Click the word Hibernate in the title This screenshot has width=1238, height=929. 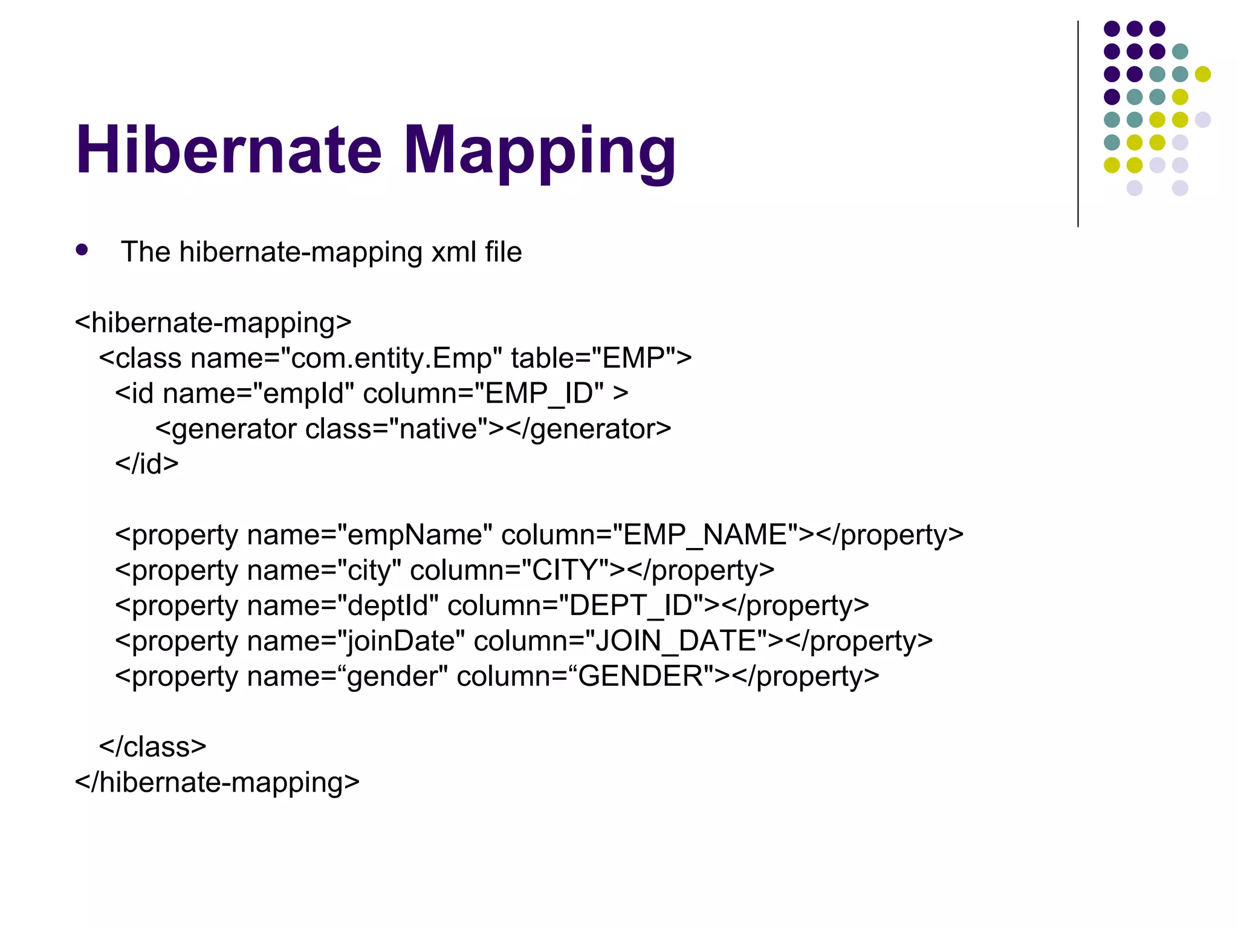coord(228,150)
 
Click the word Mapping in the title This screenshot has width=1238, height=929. coord(539,151)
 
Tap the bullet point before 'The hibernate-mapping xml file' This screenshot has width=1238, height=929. coord(82,250)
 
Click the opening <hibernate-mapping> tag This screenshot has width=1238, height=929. coord(213,323)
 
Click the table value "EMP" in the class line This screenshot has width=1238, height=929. coord(634,358)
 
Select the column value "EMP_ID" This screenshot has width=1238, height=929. coord(543,394)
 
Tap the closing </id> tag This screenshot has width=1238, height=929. coord(147,464)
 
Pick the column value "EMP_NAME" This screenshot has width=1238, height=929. coord(705,535)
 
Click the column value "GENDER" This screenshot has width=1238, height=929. coord(641,676)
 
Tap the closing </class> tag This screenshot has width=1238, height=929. coord(153,747)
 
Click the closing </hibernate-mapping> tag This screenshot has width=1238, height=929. coord(217,782)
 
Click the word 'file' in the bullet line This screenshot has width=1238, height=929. coord(503,252)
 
